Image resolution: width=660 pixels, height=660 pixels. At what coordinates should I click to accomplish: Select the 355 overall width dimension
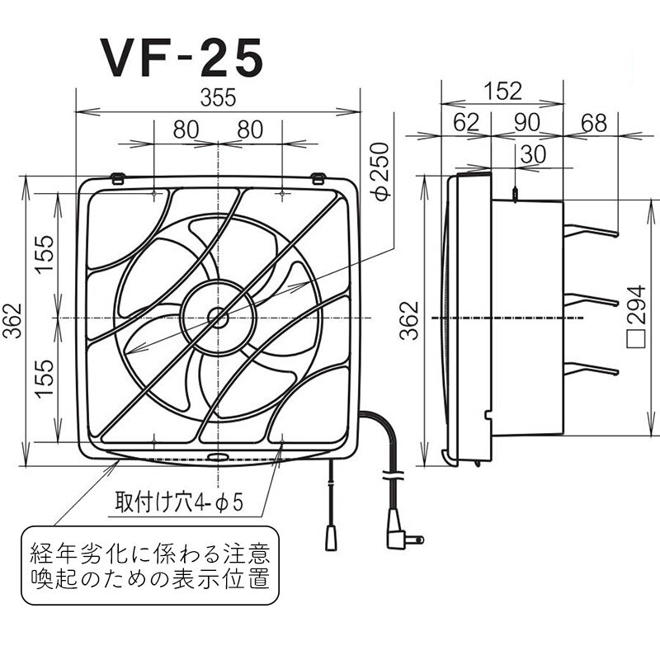(218, 97)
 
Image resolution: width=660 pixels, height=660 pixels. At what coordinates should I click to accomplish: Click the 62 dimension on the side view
(465, 123)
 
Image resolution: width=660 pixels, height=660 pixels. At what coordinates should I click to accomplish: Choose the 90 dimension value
(526, 123)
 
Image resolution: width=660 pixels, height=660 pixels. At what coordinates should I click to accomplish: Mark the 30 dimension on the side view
(533, 153)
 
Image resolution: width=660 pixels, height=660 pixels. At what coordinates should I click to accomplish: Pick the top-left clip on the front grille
(118, 177)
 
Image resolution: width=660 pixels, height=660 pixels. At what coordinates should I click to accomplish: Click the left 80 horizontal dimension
(186, 130)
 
